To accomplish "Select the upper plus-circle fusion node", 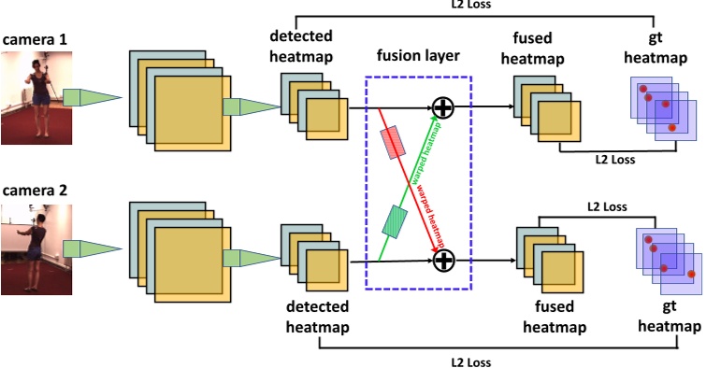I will click(442, 108).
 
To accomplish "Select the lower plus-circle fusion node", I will click(442, 261).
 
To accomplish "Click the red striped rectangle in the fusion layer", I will click(392, 142).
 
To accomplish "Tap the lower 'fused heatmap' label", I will click(554, 318).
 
